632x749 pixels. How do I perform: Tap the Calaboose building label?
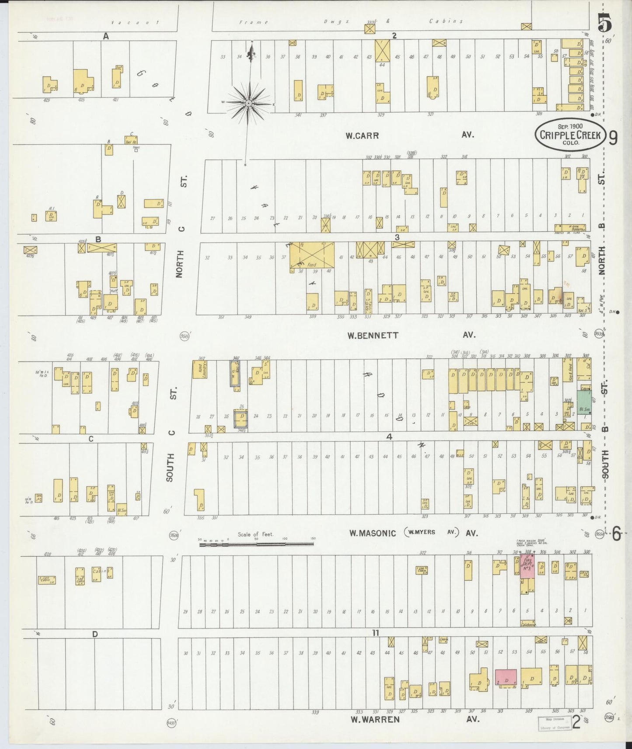click(528, 625)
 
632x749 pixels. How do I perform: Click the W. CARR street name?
click(362, 136)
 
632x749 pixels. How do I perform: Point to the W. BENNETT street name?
click(373, 336)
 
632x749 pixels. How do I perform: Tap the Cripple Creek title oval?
click(570, 135)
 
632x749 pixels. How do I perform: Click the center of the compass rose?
click(248, 104)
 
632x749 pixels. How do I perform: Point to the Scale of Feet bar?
click(256, 545)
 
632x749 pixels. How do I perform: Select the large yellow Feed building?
click(312, 255)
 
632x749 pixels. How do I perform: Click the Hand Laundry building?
click(199, 369)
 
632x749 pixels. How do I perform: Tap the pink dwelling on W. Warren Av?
click(506, 677)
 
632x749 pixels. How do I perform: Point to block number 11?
click(375, 632)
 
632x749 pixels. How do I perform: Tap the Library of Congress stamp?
click(554, 724)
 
